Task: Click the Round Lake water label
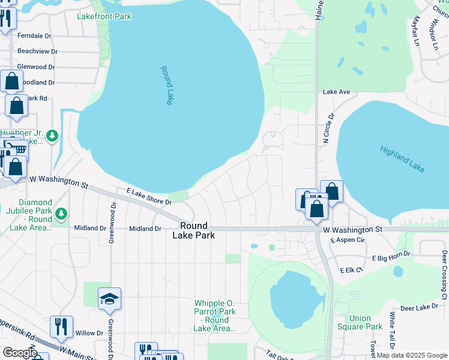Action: [166, 86]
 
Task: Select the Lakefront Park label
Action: [104, 16]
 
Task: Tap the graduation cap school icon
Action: [110, 299]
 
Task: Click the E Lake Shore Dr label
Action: [149, 199]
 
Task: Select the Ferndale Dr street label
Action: [34, 36]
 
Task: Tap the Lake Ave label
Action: [336, 92]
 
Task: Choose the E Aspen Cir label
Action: [348, 240]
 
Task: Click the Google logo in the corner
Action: [19, 353]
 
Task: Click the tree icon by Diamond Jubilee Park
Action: [61, 214]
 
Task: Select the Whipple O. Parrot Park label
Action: [214, 312]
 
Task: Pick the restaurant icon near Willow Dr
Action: [61, 326]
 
